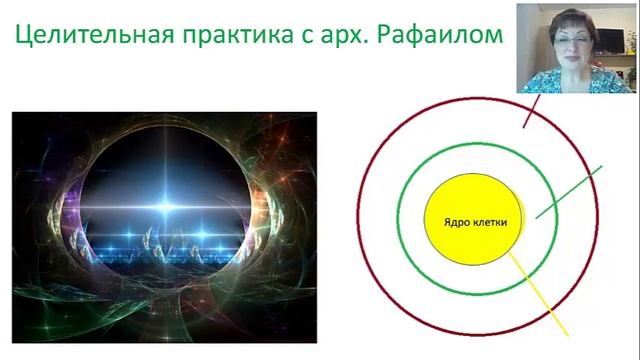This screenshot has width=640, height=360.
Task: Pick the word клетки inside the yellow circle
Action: pyautogui.click(x=485, y=220)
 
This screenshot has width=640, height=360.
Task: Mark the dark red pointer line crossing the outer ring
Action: pyautogui.click(x=531, y=112)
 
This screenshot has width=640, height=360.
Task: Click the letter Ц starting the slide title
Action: pyautogui.click(x=21, y=40)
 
